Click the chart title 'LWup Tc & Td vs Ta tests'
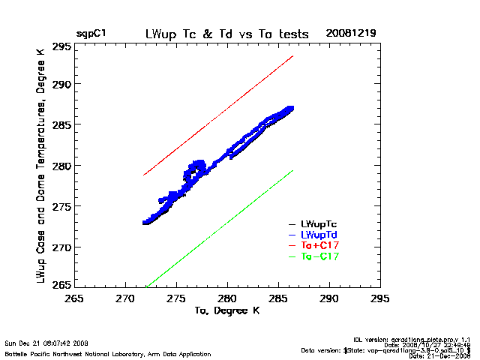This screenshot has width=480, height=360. tap(226, 34)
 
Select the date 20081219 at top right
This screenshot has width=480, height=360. tap(351, 34)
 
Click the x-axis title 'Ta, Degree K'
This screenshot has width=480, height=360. tap(226, 310)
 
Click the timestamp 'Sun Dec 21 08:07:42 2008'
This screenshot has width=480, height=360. tap(46, 343)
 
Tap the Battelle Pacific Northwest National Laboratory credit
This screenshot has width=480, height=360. tap(108, 353)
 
